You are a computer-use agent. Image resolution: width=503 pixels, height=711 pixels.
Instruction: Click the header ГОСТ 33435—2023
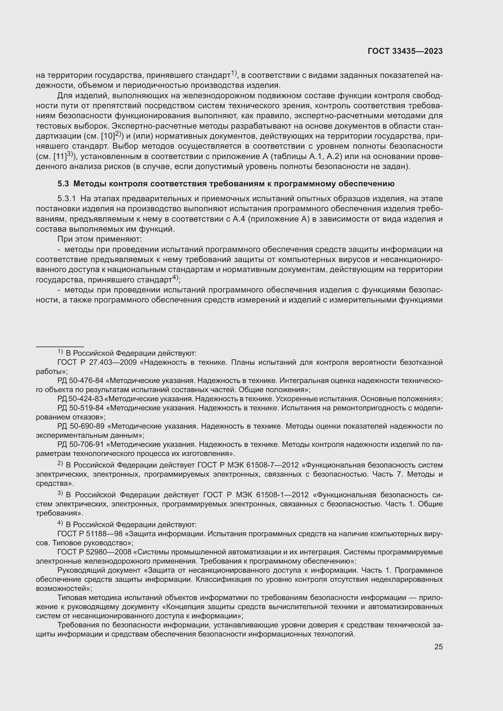405,51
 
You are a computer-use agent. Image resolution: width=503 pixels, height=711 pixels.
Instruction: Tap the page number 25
438,647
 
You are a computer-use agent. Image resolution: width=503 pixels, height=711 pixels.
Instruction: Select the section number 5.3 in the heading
63,184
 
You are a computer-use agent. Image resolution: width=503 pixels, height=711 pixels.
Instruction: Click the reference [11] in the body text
60,157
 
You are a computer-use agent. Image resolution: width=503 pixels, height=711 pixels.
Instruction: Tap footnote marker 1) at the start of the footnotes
60,352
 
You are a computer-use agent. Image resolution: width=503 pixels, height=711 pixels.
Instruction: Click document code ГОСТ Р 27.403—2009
97,362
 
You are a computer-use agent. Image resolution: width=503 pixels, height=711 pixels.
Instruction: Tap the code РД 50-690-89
81,426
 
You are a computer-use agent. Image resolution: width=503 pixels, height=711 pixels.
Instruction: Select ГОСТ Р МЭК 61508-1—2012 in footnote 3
256,495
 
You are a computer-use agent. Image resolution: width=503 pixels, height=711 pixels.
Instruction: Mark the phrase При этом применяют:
99,239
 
